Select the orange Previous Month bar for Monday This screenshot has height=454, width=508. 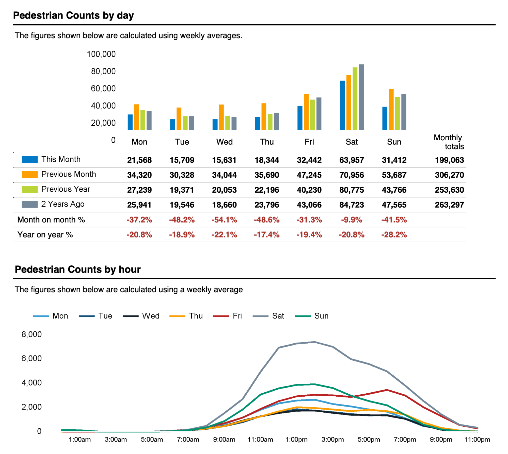[x=136, y=117]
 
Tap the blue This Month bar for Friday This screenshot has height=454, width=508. [x=300, y=118]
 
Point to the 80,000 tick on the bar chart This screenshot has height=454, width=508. [x=103, y=71]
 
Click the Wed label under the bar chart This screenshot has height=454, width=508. [x=224, y=142]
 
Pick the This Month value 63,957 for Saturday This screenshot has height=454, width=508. [x=352, y=160]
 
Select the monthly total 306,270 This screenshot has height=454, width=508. [x=449, y=175]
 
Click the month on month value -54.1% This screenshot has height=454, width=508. [x=224, y=220]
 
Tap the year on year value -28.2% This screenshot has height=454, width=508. [x=394, y=235]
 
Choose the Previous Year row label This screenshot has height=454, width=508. [x=66, y=189]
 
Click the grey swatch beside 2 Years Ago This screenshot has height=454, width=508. [x=29, y=204]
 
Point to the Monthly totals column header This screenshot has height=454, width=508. [x=449, y=142]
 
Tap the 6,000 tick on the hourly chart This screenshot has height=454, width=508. [x=31, y=359]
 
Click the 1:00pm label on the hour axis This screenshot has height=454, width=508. [x=296, y=440]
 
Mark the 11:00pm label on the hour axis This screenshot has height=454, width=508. [x=477, y=440]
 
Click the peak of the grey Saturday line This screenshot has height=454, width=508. [x=315, y=342]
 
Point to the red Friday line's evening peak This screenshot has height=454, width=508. [x=387, y=390]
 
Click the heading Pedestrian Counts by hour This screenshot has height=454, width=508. [x=78, y=270]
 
